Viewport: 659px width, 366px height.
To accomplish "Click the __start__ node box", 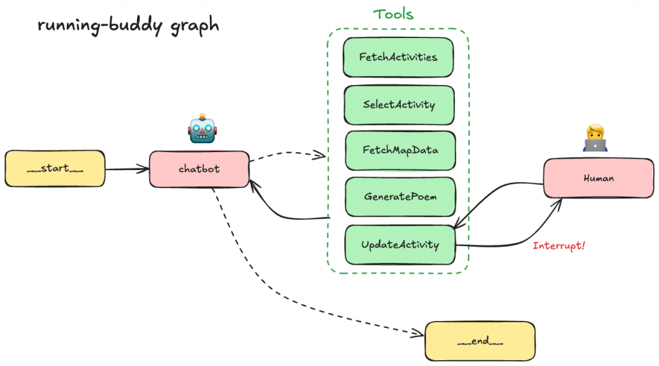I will point(55,169).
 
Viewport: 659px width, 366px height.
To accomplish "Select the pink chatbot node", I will point(199,169).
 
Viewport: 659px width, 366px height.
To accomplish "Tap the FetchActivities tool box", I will point(398,57).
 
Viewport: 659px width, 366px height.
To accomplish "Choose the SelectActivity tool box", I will point(399,104).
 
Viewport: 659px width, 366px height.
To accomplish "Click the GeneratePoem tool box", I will point(400,197).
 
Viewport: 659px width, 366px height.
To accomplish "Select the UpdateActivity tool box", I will point(400,245).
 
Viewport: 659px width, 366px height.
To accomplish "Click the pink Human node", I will point(598,178).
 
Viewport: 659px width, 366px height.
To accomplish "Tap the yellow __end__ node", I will point(479,342).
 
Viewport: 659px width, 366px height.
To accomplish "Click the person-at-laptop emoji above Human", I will point(595,138).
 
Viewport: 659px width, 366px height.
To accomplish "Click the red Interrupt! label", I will point(559,246).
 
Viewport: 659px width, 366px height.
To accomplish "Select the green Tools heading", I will point(393,14).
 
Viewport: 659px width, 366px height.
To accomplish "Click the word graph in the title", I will point(194,26).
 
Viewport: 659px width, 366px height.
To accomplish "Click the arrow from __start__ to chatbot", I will point(127,169).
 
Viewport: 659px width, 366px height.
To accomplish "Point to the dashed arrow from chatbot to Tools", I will point(286,153).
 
